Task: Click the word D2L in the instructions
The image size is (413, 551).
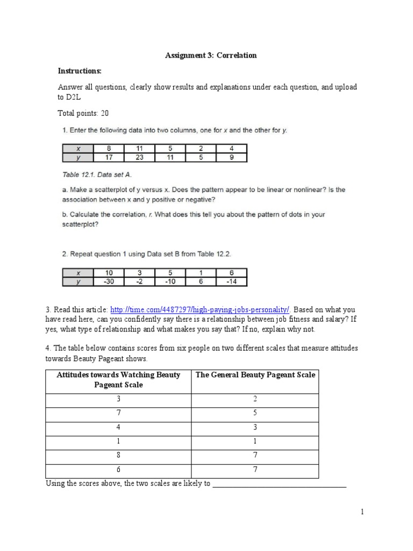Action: pos(72,97)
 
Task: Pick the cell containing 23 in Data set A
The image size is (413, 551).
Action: pos(139,158)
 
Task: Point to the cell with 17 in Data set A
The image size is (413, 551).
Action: pos(109,158)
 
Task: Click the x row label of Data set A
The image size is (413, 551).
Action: pos(78,149)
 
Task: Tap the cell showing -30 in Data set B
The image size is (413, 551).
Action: pos(109,281)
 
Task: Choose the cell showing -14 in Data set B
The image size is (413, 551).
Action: pos(231,281)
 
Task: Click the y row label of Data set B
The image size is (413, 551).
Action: pos(78,281)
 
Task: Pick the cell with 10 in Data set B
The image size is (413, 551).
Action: pos(109,273)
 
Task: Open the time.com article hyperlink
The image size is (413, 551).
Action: pos(201,309)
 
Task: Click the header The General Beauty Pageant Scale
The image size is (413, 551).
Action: pos(255,375)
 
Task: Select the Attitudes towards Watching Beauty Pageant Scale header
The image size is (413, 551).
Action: pos(118,380)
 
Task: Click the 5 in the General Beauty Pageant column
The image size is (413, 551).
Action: pos(255,413)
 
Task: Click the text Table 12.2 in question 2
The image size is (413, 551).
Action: pos(216,253)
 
